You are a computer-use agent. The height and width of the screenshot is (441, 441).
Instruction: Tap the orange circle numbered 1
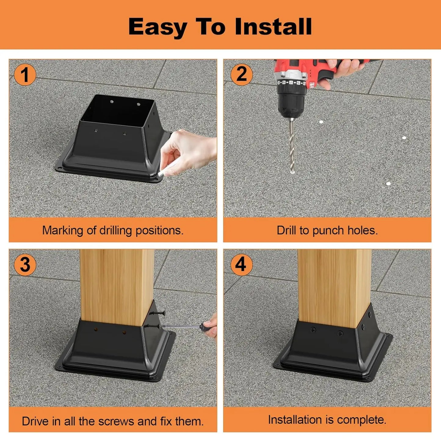coord(25,75)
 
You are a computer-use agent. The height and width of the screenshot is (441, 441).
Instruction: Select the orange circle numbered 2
coord(241,74)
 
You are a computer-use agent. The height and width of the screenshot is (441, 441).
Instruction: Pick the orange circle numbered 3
coord(25,264)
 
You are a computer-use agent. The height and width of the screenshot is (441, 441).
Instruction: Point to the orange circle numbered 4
coord(241,264)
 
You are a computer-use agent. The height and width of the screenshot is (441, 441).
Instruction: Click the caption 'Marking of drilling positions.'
coord(113,230)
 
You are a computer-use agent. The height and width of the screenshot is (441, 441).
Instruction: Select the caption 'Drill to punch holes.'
coord(327,230)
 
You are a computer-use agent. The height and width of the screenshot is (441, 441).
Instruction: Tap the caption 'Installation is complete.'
coord(327,420)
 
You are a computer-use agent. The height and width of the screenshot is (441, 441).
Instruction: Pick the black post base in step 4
coord(333,351)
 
